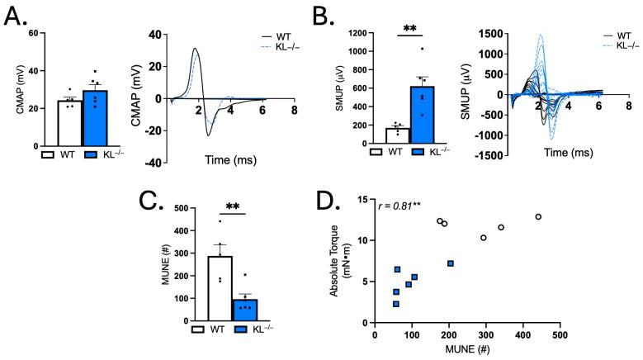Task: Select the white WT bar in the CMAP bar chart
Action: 70,123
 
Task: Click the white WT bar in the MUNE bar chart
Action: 219,285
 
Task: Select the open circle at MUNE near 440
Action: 538,217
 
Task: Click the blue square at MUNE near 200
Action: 450,263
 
